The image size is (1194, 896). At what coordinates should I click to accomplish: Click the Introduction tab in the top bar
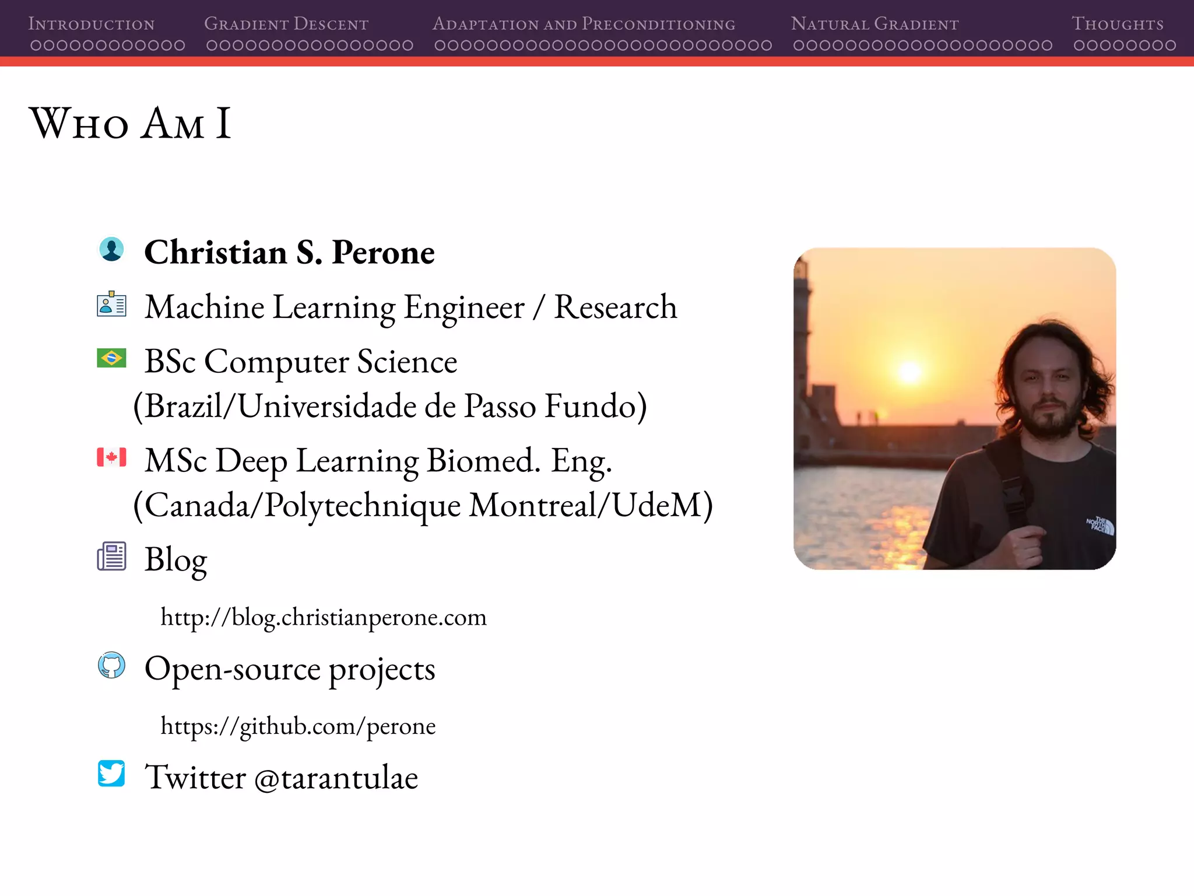point(92,24)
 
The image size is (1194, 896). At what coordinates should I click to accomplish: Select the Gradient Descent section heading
point(286,24)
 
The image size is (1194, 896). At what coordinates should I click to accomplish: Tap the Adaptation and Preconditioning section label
point(584,24)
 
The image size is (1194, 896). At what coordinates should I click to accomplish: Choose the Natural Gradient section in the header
point(875,24)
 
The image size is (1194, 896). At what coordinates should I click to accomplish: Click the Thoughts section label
point(1117,24)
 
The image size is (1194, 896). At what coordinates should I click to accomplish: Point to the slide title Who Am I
point(131,124)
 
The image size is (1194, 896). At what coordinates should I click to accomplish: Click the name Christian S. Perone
point(289,253)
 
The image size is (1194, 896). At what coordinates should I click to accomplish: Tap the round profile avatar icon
point(111,250)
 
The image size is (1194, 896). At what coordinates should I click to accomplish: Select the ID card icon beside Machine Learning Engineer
point(111,304)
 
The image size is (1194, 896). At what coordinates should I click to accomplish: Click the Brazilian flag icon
point(111,358)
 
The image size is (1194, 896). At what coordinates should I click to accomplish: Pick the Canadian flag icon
point(111,457)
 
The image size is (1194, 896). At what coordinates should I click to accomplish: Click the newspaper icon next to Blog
point(111,556)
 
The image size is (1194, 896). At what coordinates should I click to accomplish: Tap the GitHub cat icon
point(111,666)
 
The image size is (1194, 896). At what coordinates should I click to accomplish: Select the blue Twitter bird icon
point(111,773)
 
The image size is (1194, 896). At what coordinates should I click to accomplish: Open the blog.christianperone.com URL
point(324,617)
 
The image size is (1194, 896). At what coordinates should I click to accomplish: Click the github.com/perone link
point(298,726)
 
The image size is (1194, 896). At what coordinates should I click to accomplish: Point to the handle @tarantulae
point(336,778)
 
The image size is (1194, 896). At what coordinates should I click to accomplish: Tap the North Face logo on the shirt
point(1101,525)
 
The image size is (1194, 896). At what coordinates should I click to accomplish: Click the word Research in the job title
point(615,307)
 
